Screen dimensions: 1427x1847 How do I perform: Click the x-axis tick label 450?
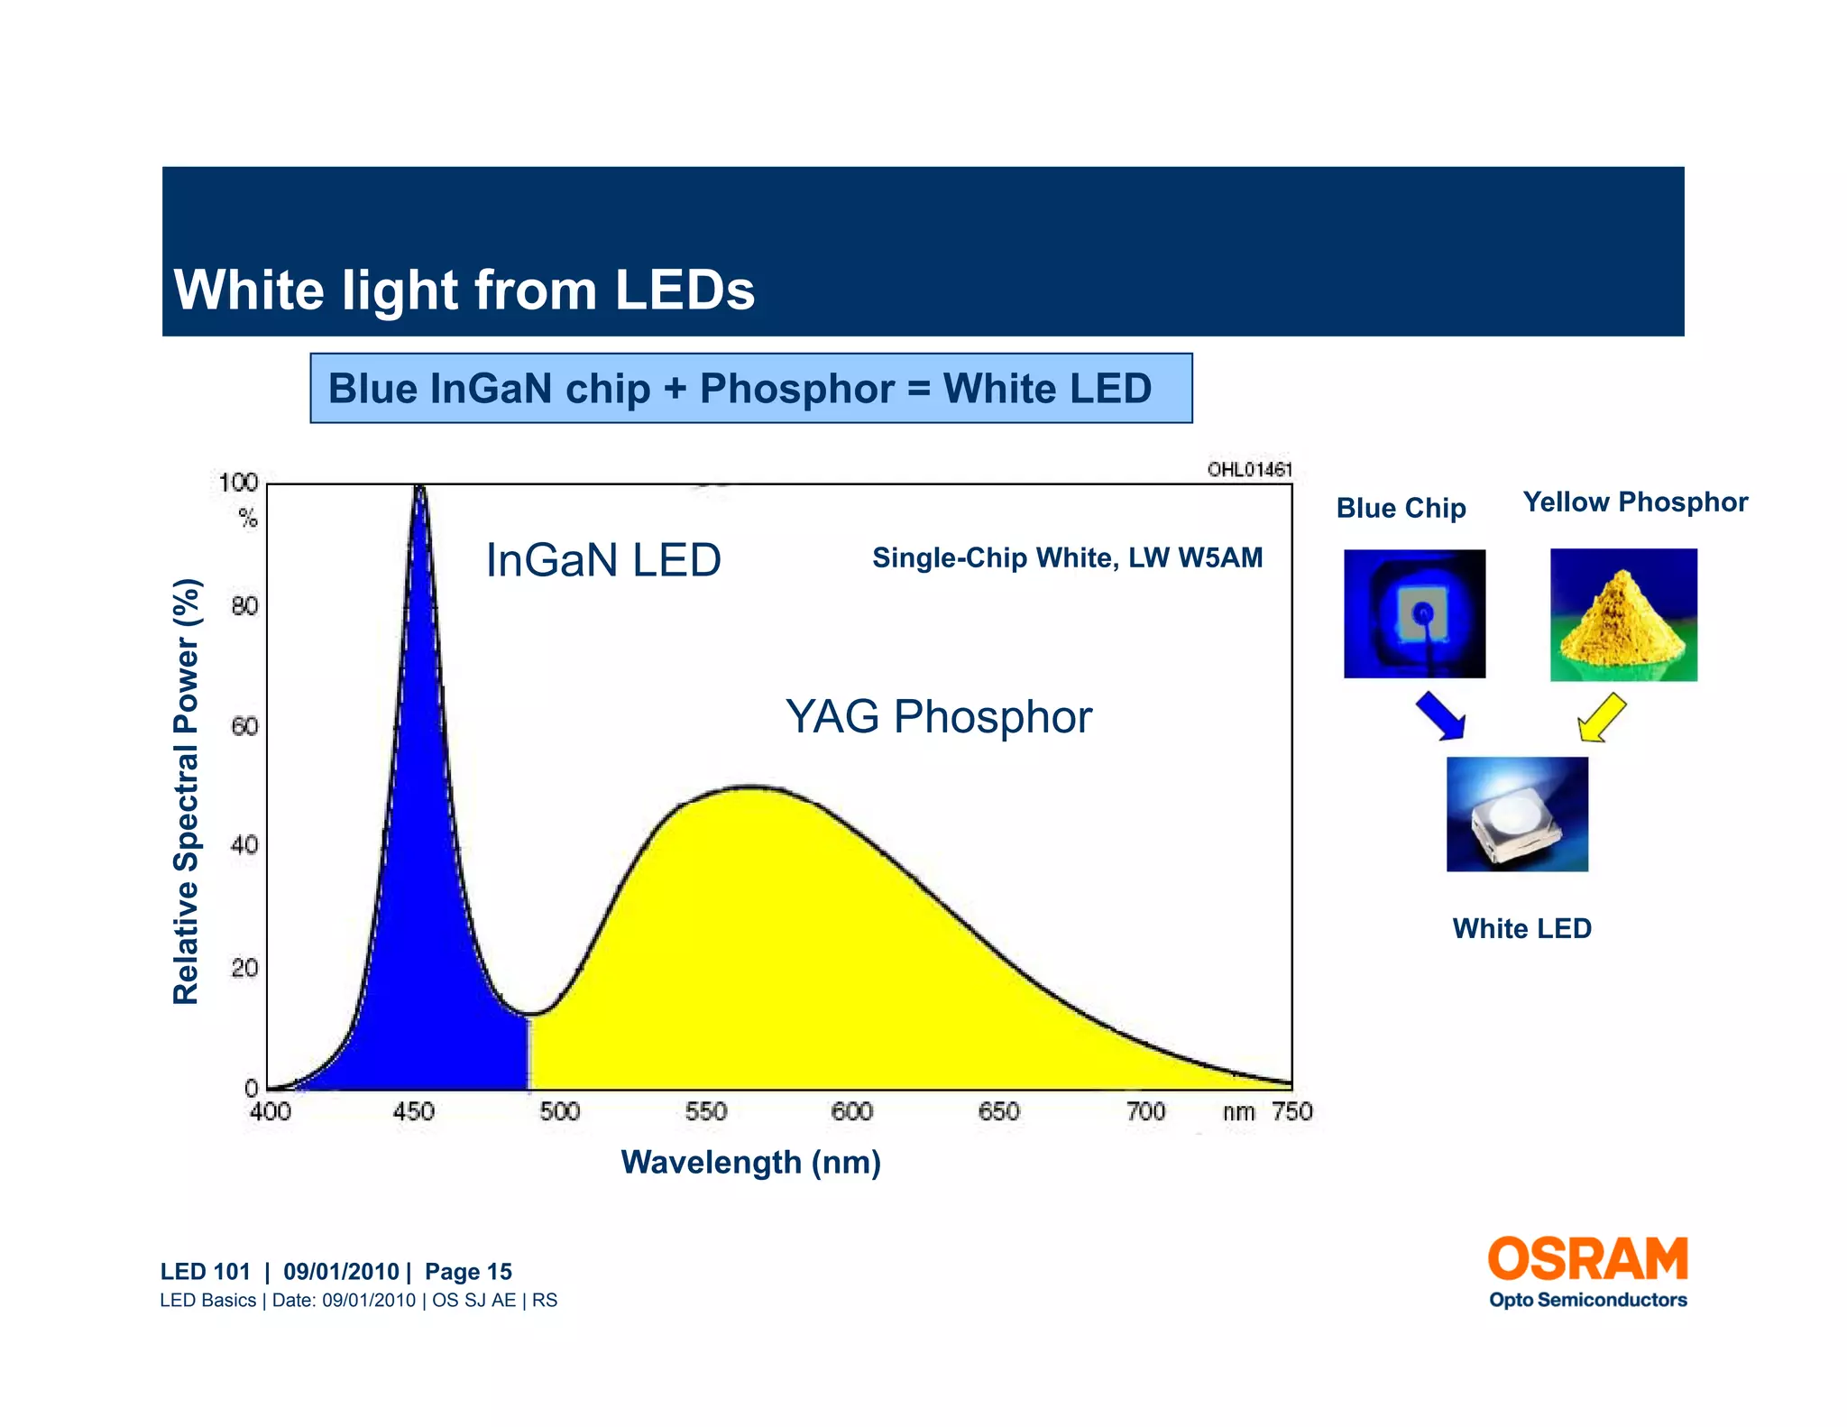[x=413, y=1111]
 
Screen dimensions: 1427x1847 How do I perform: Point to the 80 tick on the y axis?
[x=244, y=605]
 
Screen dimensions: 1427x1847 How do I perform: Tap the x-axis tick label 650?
[x=998, y=1111]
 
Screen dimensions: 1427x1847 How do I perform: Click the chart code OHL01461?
[x=1249, y=469]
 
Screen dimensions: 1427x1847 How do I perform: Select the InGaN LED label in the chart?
[x=602, y=560]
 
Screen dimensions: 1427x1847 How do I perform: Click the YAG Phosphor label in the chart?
[x=938, y=717]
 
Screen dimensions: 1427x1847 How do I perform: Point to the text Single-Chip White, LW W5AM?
[x=1067, y=558]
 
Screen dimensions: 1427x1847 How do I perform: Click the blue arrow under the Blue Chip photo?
[x=1440, y=715]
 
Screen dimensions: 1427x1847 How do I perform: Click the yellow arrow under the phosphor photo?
[x=1602, y=717]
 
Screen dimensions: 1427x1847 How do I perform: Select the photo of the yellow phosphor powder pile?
[x=1623, y=614]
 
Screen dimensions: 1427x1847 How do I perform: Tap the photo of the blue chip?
[x=1414, y=613]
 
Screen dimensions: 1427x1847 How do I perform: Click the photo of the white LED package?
[x=1517, y=814]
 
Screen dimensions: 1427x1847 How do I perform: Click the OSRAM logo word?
[x=1587, y=1259]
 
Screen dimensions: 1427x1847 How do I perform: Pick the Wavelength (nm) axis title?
[x=750, y=1162]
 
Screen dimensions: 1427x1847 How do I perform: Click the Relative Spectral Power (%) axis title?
[x=186, y=791]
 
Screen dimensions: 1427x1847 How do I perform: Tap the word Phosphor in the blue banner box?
[x=796, y=389]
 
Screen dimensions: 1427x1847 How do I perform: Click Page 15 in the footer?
[x=468, y=1272]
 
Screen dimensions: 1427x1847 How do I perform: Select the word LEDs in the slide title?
[x=685, y=290]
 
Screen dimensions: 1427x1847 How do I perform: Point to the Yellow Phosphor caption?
[x=1635, y=502]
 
